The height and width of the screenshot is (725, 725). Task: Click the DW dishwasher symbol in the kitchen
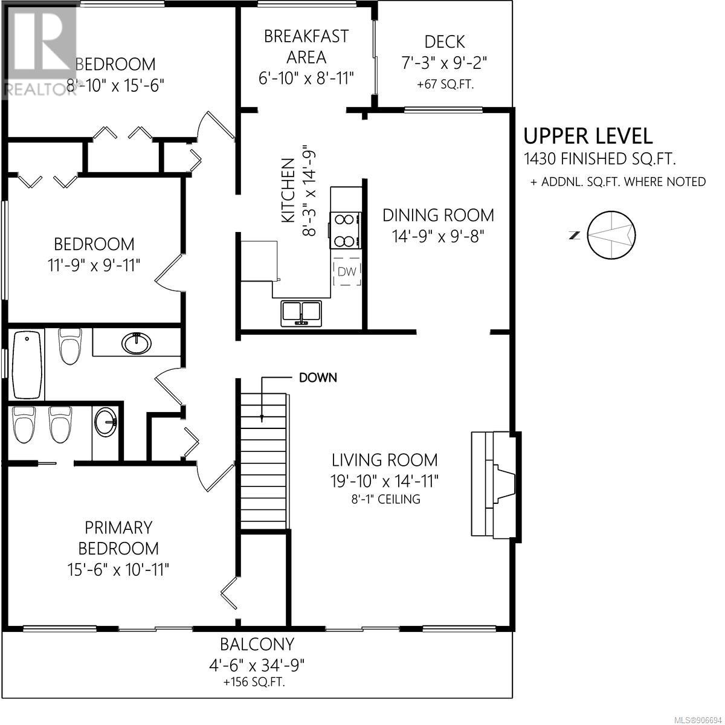347,271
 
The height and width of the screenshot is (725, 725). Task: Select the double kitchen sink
301,313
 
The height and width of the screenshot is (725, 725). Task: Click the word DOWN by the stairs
318,378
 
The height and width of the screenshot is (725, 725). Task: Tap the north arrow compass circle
612,235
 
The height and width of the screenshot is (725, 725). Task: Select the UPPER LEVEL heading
588,136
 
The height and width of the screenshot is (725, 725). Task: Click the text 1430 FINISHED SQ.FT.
600,159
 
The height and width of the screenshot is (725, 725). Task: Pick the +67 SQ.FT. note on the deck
445,84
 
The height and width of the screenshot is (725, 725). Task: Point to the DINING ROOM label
438,215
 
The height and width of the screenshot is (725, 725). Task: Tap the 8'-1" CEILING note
385,499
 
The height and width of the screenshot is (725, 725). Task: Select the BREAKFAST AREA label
306,47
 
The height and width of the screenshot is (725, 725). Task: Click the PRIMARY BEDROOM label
118,538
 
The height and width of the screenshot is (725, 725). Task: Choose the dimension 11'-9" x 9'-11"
94,266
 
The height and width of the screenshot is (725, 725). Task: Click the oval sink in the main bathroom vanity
137,343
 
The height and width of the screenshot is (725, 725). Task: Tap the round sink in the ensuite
106,422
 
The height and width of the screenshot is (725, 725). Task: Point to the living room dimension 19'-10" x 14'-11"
384,480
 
